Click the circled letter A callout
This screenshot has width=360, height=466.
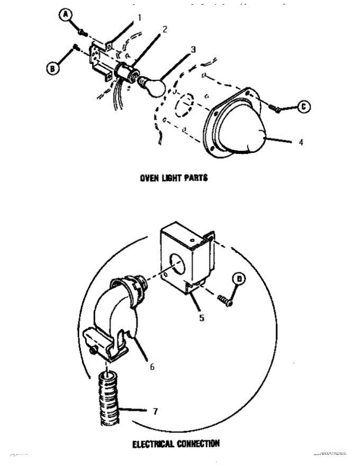[66, 14]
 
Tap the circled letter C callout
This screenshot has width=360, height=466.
[304, 106]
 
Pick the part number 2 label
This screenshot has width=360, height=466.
[165, 30]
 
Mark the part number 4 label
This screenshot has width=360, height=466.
[301, 143]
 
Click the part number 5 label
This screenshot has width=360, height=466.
[202, 318]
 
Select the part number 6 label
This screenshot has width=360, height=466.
[152, 367]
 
